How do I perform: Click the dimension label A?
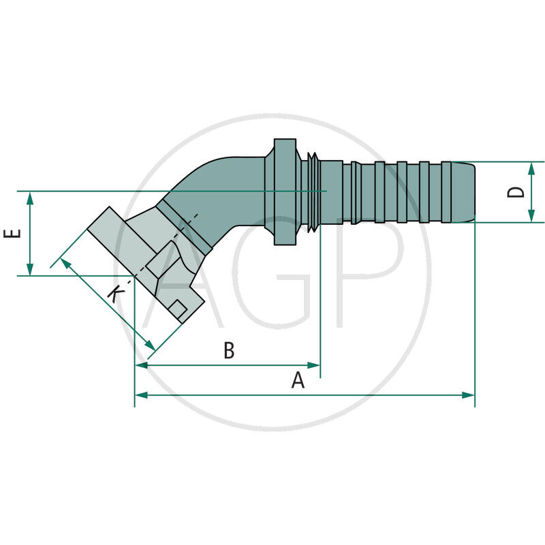point(298,380)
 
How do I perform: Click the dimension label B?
point(229,351)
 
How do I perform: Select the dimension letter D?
point(518,192)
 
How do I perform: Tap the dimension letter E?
point(12,234)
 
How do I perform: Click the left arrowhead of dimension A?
point(140,394)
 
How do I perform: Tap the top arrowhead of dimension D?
point(531,168)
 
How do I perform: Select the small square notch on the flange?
point(178,309)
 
